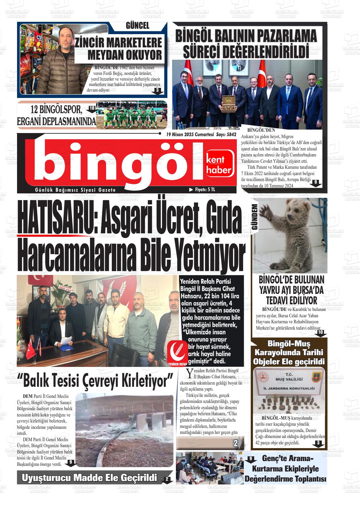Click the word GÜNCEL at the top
(x=137, y=26)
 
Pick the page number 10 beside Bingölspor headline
(x=92, y=108)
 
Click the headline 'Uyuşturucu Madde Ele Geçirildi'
(x=89, y=478)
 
